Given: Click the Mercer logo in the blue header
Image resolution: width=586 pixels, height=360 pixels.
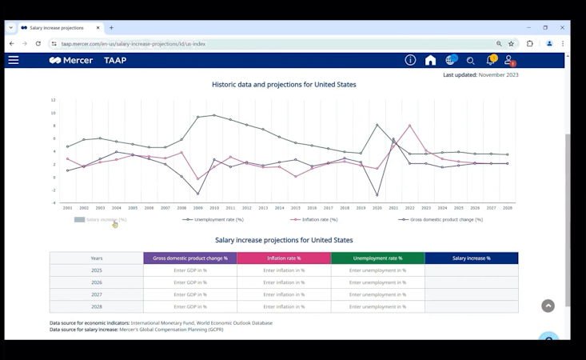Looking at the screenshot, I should [71, 60].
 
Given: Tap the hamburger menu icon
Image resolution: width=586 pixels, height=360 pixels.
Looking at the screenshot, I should [14, 60].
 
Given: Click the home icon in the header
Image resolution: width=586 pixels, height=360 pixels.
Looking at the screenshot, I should [430, 60].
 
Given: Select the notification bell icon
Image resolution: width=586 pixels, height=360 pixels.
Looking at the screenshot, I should [490, 60].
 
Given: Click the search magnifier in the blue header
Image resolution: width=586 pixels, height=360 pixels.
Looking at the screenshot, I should [470, 61].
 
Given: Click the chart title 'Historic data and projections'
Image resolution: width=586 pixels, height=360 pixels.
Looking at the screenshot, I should [284, 84].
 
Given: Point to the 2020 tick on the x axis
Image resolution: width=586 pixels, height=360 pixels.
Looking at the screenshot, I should [377, 208].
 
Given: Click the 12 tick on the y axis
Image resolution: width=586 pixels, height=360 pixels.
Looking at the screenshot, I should [54, 100].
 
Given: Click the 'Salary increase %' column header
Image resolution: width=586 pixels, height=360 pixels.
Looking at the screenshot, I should [471, 258].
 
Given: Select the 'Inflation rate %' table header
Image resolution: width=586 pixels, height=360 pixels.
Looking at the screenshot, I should [284, 258].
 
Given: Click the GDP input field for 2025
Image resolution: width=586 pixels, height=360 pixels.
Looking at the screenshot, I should [190, 270].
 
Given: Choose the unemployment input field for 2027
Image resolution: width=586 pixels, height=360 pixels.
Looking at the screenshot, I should [377, 294].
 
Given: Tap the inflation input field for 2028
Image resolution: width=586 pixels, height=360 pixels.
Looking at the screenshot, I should [284, 306].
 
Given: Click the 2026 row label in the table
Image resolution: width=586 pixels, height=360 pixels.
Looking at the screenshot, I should [97, 282].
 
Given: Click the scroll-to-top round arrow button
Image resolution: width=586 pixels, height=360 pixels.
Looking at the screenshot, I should [548, 306].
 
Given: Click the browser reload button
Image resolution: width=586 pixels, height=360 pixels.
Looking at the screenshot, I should [38, 43].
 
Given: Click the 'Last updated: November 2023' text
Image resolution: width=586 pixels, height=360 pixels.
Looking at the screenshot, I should [480, 74].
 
